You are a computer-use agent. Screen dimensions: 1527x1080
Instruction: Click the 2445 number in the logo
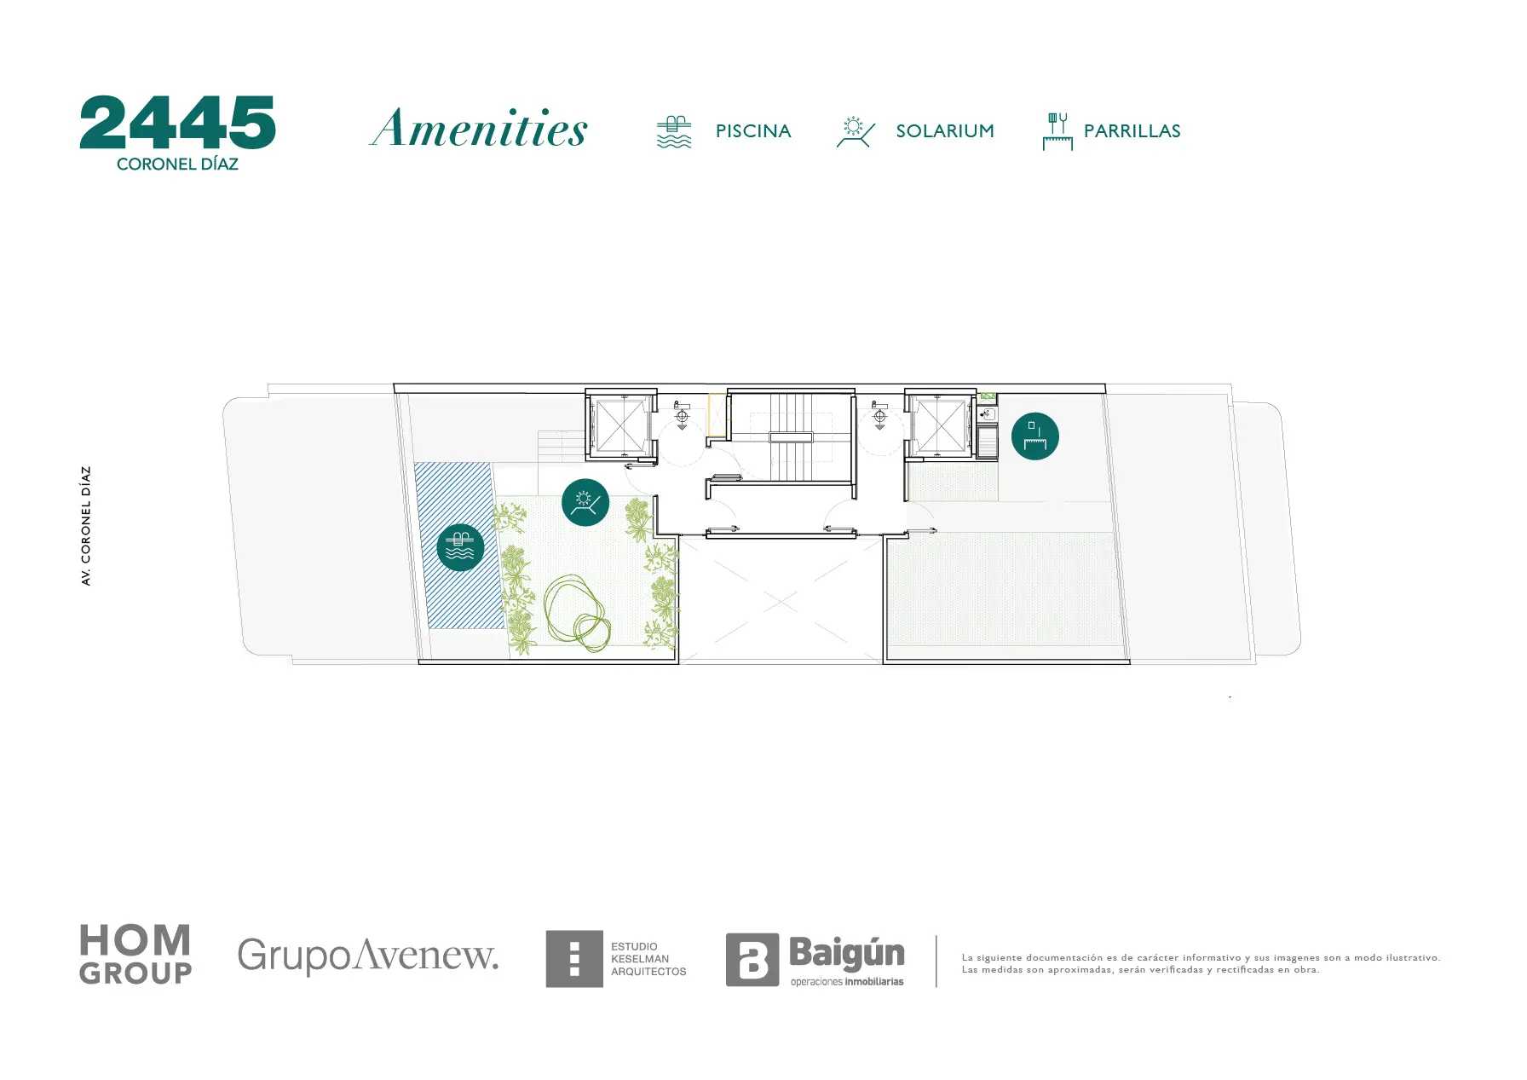tap(177, 122)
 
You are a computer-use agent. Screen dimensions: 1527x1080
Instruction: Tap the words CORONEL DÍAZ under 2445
tap(177, 164)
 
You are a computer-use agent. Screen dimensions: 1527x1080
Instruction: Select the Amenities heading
tap(479, 128)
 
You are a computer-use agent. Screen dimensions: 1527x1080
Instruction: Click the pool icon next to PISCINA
tap(674, 131)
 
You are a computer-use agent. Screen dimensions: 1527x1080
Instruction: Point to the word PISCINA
tap(753, 131)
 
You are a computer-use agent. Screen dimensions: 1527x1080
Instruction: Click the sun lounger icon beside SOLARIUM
tap(856, 132)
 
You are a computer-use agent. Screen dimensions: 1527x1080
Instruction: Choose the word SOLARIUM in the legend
tap(945, 131)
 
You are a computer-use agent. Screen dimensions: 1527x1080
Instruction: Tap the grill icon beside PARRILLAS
tap(1057, 131)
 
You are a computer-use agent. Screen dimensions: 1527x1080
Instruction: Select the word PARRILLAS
tap(1132, 131)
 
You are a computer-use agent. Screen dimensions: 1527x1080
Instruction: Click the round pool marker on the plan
tap(460, 547)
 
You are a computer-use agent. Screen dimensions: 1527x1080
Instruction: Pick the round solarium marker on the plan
tap(585, 502)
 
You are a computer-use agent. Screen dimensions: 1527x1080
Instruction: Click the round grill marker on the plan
tap(1035, 436)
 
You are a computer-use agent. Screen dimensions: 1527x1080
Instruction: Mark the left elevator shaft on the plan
tap(620, 424)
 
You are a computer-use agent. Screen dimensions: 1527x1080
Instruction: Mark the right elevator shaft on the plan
tap(940, 424)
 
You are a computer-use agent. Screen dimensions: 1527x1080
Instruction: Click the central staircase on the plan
tap(792, 437)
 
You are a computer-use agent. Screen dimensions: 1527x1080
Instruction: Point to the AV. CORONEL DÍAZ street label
tap(85, 525)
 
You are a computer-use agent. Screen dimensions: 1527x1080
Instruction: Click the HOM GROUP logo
tap(135, 955)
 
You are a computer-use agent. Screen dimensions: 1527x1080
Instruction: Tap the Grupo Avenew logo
tap(367, 956)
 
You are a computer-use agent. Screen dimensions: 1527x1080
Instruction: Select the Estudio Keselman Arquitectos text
tap(648, 959)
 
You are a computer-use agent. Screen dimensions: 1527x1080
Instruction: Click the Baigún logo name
tap(847, 953)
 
